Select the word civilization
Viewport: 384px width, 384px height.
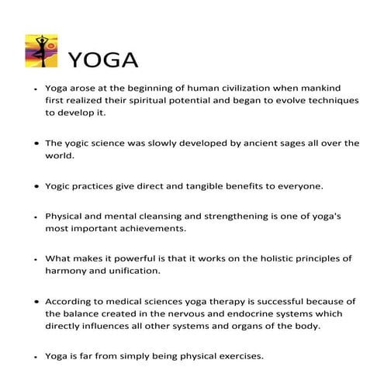point(237,88)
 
